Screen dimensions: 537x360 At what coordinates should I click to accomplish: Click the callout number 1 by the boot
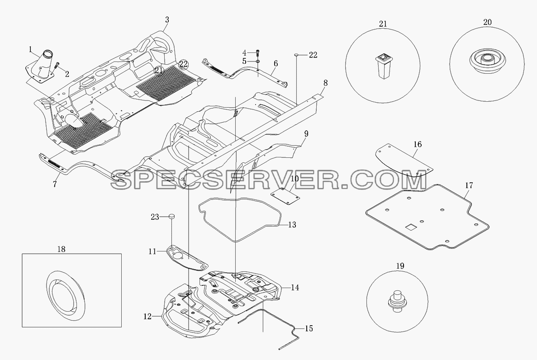(x=30, y=50)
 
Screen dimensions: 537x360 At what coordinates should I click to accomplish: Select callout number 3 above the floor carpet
(x=167, y=20)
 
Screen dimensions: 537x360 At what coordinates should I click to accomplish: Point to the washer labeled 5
(x=257, y=62)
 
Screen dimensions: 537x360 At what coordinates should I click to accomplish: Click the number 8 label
(x=325, y=83)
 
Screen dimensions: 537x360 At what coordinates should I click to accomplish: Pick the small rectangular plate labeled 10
(x=285, y=196)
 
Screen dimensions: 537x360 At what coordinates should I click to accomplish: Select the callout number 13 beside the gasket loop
(x=292, y=225)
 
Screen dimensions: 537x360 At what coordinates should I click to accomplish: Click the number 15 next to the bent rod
(x=309, y=328)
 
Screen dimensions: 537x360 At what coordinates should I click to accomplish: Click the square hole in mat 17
(x=409, y=227)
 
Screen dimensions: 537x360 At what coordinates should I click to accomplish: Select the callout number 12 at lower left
(x=147, y=317)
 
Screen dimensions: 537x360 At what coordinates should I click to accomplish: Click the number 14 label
(x=295, y=287)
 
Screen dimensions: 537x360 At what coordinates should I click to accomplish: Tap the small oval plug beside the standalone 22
(x=297, y=54)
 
